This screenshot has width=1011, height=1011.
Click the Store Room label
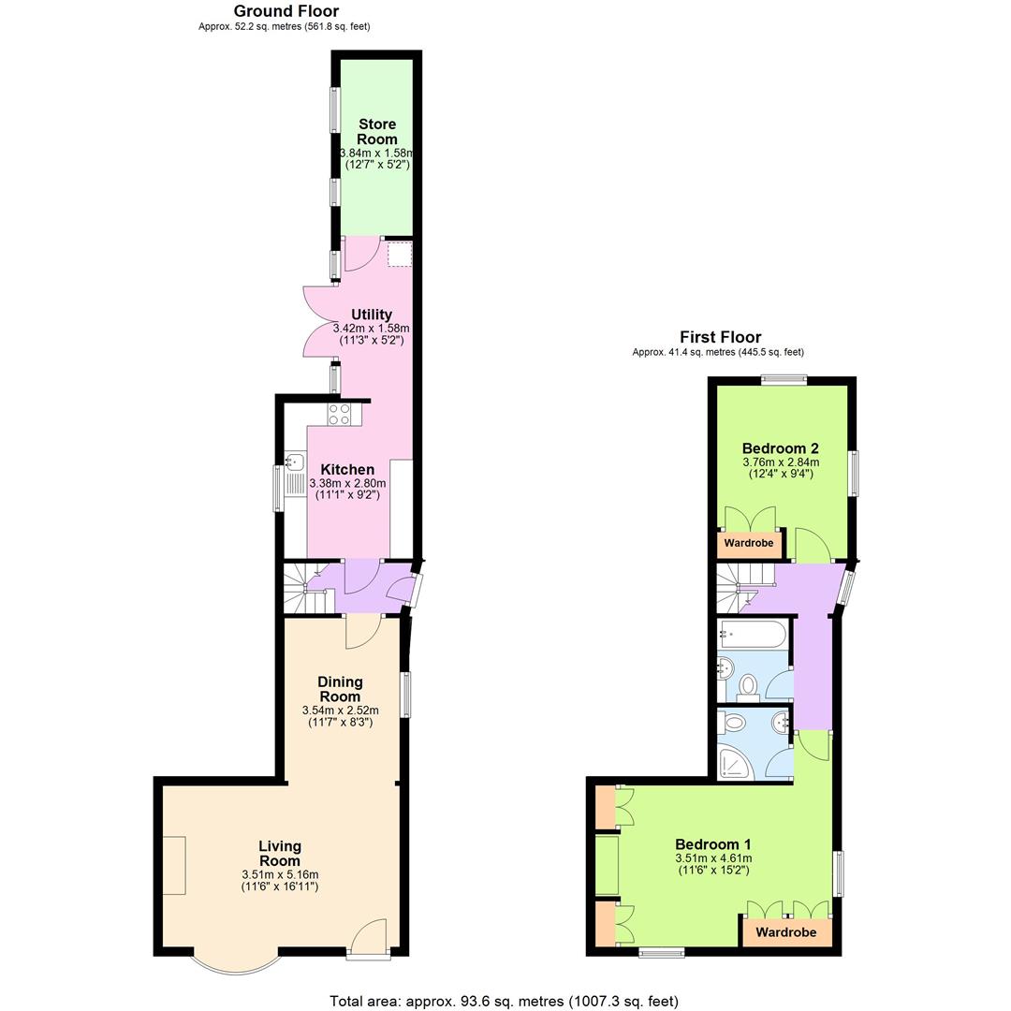(x=376, y=131)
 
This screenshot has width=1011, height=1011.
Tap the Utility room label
(x=372, y=315)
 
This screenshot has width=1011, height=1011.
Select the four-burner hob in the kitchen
(x=339, y=414)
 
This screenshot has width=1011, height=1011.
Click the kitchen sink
(x=295, y=462)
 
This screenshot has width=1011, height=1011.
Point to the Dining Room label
(x=340, y=689)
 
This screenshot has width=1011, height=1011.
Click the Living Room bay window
(x=234, y=964)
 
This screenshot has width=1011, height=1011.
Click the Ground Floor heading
(x=286, y=11)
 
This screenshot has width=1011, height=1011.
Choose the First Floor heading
(x=720, y=337)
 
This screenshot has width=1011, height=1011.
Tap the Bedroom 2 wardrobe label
(x=749, y=543)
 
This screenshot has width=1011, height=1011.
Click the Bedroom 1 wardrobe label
(x=786, y=932)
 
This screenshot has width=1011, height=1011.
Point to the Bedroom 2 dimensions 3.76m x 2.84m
(x=780, y=462)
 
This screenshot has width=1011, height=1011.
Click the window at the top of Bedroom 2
(x=784, y=379)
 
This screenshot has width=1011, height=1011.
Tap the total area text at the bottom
(x=504, y=1001)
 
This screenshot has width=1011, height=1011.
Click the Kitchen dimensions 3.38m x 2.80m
(x=347, y=483)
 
